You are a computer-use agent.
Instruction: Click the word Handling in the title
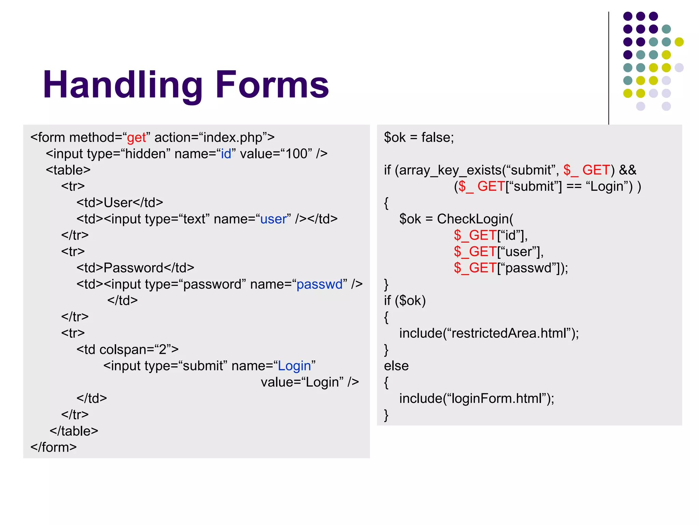pos(123,85)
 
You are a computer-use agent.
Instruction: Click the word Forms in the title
pos(272,85)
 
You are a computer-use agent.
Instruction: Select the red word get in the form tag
pos(136,137)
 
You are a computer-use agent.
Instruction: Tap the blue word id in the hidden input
pos(226,154)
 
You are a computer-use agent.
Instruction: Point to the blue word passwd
pos(319,284)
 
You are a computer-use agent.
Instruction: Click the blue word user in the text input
pos(273,219)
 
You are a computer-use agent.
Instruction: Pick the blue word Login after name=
pos(294,366)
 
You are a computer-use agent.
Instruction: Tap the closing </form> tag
pos(54,447)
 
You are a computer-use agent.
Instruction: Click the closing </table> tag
pos(74,431)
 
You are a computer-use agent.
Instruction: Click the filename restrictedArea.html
pos(509,333)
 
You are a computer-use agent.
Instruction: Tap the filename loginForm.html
pos(497,399)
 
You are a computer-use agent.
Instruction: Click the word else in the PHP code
pos(396,366)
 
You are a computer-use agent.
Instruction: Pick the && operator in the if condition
pos(628,170)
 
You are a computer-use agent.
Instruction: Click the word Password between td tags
pos(133,268)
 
